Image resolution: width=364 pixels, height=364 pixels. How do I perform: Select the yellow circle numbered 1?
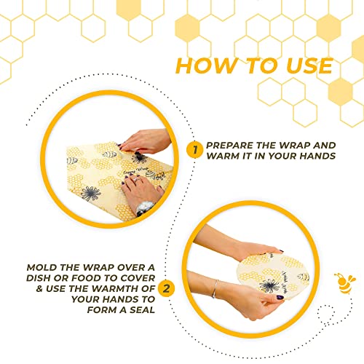coord(194,150)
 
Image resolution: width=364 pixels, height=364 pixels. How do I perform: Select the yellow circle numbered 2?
coord(167,288)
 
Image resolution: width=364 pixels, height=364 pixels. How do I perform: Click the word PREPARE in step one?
coord(232,145)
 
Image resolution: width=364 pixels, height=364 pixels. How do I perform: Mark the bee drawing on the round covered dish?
coord(301,277)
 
